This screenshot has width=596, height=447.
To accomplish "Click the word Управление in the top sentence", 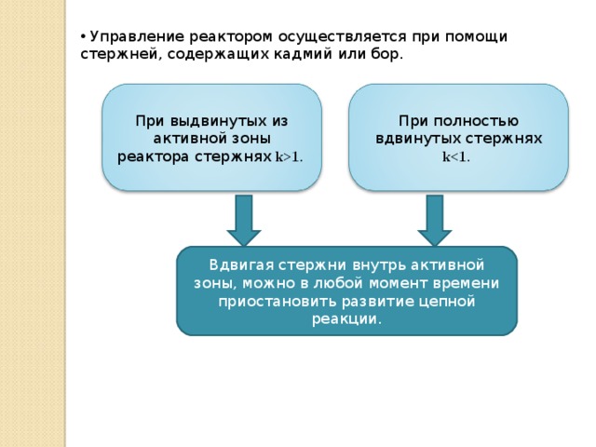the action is [137, 37].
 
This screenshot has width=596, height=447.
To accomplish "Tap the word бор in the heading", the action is [385, 54].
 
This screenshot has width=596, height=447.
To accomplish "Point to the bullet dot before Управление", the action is [83, 37].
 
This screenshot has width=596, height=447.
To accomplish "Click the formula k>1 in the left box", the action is [288, 157].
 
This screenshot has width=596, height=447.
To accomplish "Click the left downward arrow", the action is [244, 220].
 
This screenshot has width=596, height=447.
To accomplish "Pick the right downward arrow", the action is [435, 220].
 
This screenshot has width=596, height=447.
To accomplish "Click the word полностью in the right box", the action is [476, 122].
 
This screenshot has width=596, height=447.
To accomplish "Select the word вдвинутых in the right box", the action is [418, 139].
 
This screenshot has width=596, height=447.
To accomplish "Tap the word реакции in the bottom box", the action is [345, 319].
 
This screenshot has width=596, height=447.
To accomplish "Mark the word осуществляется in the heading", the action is [343, 37].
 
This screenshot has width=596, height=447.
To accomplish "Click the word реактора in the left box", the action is [154, 157].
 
